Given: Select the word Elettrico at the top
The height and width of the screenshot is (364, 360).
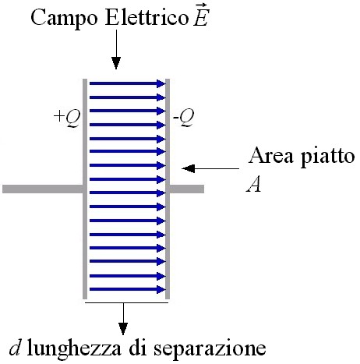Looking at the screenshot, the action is (x=146, y=18).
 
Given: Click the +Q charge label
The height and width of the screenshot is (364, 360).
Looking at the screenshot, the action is (x=67, y=118).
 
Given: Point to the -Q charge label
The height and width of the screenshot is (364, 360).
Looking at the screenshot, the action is (x=183, y=118).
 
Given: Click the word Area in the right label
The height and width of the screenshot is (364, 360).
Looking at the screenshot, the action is (x=270, y=155).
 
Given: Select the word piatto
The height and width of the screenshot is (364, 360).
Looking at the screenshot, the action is (x=327, y=157).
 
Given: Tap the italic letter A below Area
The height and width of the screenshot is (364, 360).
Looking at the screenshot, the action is (x=253, y=185).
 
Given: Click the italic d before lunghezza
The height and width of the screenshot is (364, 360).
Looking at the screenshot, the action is (x=15, y=348).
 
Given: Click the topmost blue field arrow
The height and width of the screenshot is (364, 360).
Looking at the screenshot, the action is (x=128, y=83).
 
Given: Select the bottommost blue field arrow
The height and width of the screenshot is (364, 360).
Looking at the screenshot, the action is (x=128, y=289).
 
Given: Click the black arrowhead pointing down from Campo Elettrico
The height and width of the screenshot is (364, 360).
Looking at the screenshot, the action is (x=116, y=63).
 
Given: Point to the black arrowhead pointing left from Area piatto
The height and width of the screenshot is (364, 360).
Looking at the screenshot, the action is (x=189, y=168).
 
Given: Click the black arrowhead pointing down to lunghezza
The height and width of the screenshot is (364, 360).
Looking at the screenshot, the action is (x=123, y=329).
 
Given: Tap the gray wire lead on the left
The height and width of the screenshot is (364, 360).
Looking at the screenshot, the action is (x=43, y=189).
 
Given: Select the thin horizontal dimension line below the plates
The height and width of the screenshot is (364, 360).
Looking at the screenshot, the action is (x=127, y=302).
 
